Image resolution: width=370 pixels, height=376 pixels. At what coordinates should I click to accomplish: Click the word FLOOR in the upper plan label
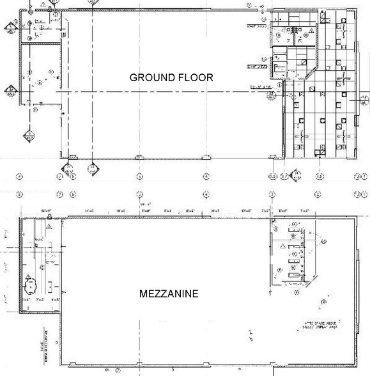click(x=196, y=77)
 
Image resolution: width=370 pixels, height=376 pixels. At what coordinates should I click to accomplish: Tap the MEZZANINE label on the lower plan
click(x=169, y=294)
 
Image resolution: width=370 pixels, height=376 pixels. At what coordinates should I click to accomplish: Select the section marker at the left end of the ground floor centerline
click(x=11, y=90)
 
